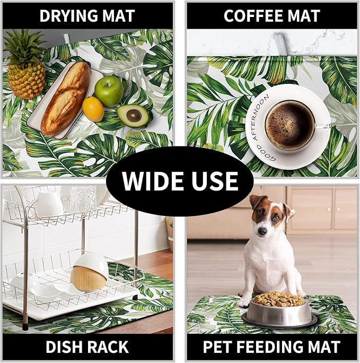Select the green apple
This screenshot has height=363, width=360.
coord(109,90)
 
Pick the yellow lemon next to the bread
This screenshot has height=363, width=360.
coord(93,109)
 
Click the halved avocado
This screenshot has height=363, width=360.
coord(133,115)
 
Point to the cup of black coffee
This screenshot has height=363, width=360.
coord(290,125)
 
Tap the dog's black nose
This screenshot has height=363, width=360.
coord(261,232)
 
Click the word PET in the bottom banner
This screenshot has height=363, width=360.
coord(218,348)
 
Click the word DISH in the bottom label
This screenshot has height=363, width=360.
coord(65,348)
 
